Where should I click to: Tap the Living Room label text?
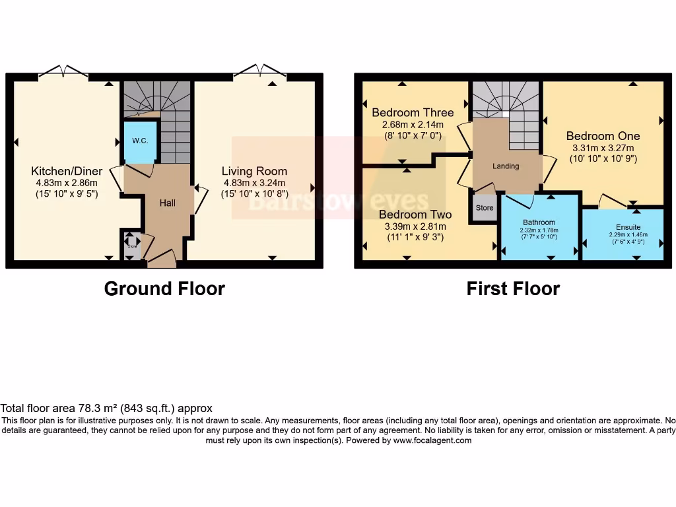(254, 171)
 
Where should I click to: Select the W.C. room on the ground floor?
(139, 141)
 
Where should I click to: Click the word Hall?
(167, 203)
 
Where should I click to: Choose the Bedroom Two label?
(415, 215)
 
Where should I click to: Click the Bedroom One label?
(603, 136)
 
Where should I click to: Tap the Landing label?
(506, 166)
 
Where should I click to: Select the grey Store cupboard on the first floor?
(485, 208)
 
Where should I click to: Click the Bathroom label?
(539, 222)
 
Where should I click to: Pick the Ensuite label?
(628, 227)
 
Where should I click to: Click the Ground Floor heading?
(164, 288)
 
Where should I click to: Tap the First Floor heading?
(513, 288)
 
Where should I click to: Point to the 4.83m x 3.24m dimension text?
(254, 183)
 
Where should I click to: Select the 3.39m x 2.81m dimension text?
(415, 226)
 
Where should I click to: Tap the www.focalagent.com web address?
(432, 440)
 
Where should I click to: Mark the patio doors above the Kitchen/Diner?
(63, 71)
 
